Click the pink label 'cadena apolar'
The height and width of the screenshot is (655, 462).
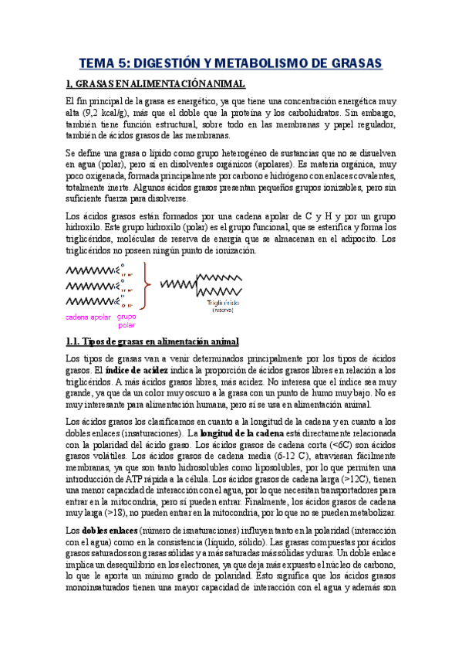click(88, 317)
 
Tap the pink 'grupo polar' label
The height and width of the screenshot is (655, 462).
click(127, 321)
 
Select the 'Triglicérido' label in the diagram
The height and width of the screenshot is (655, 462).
click(222, 304)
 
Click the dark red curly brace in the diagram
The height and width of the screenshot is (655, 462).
click(147, 283)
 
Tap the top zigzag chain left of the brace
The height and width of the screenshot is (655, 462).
click(90, 270)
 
